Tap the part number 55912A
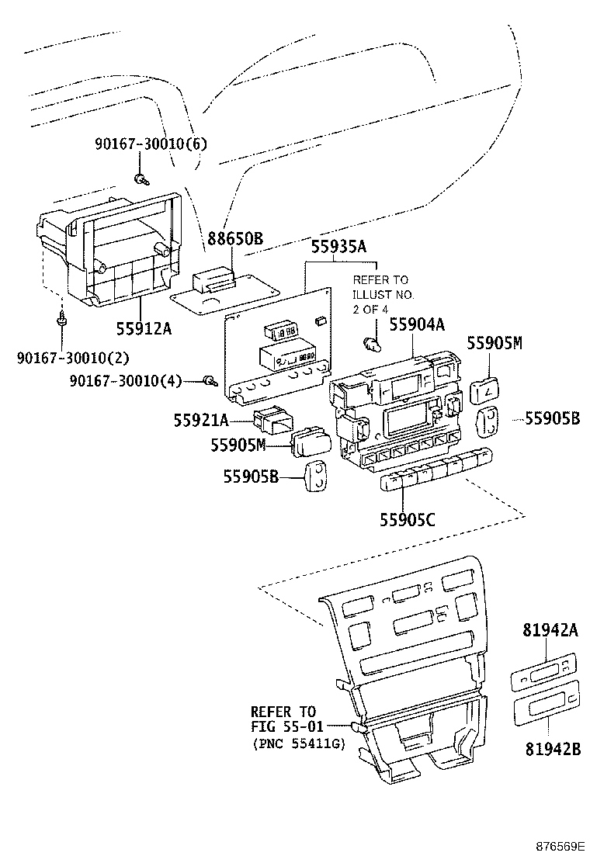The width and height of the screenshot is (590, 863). coord(143,328)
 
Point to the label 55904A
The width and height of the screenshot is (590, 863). coord(417,325)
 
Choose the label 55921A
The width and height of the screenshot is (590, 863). coord(201,420)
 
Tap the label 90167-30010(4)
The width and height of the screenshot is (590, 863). coord(124,380)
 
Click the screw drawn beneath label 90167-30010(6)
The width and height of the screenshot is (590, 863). coord(141,180)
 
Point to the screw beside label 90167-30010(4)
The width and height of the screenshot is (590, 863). coord(209,380)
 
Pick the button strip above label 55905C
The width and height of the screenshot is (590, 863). coord(436,471)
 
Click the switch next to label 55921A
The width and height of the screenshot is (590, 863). coord(271,419)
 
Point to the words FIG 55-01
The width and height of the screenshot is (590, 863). coord(284,726)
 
